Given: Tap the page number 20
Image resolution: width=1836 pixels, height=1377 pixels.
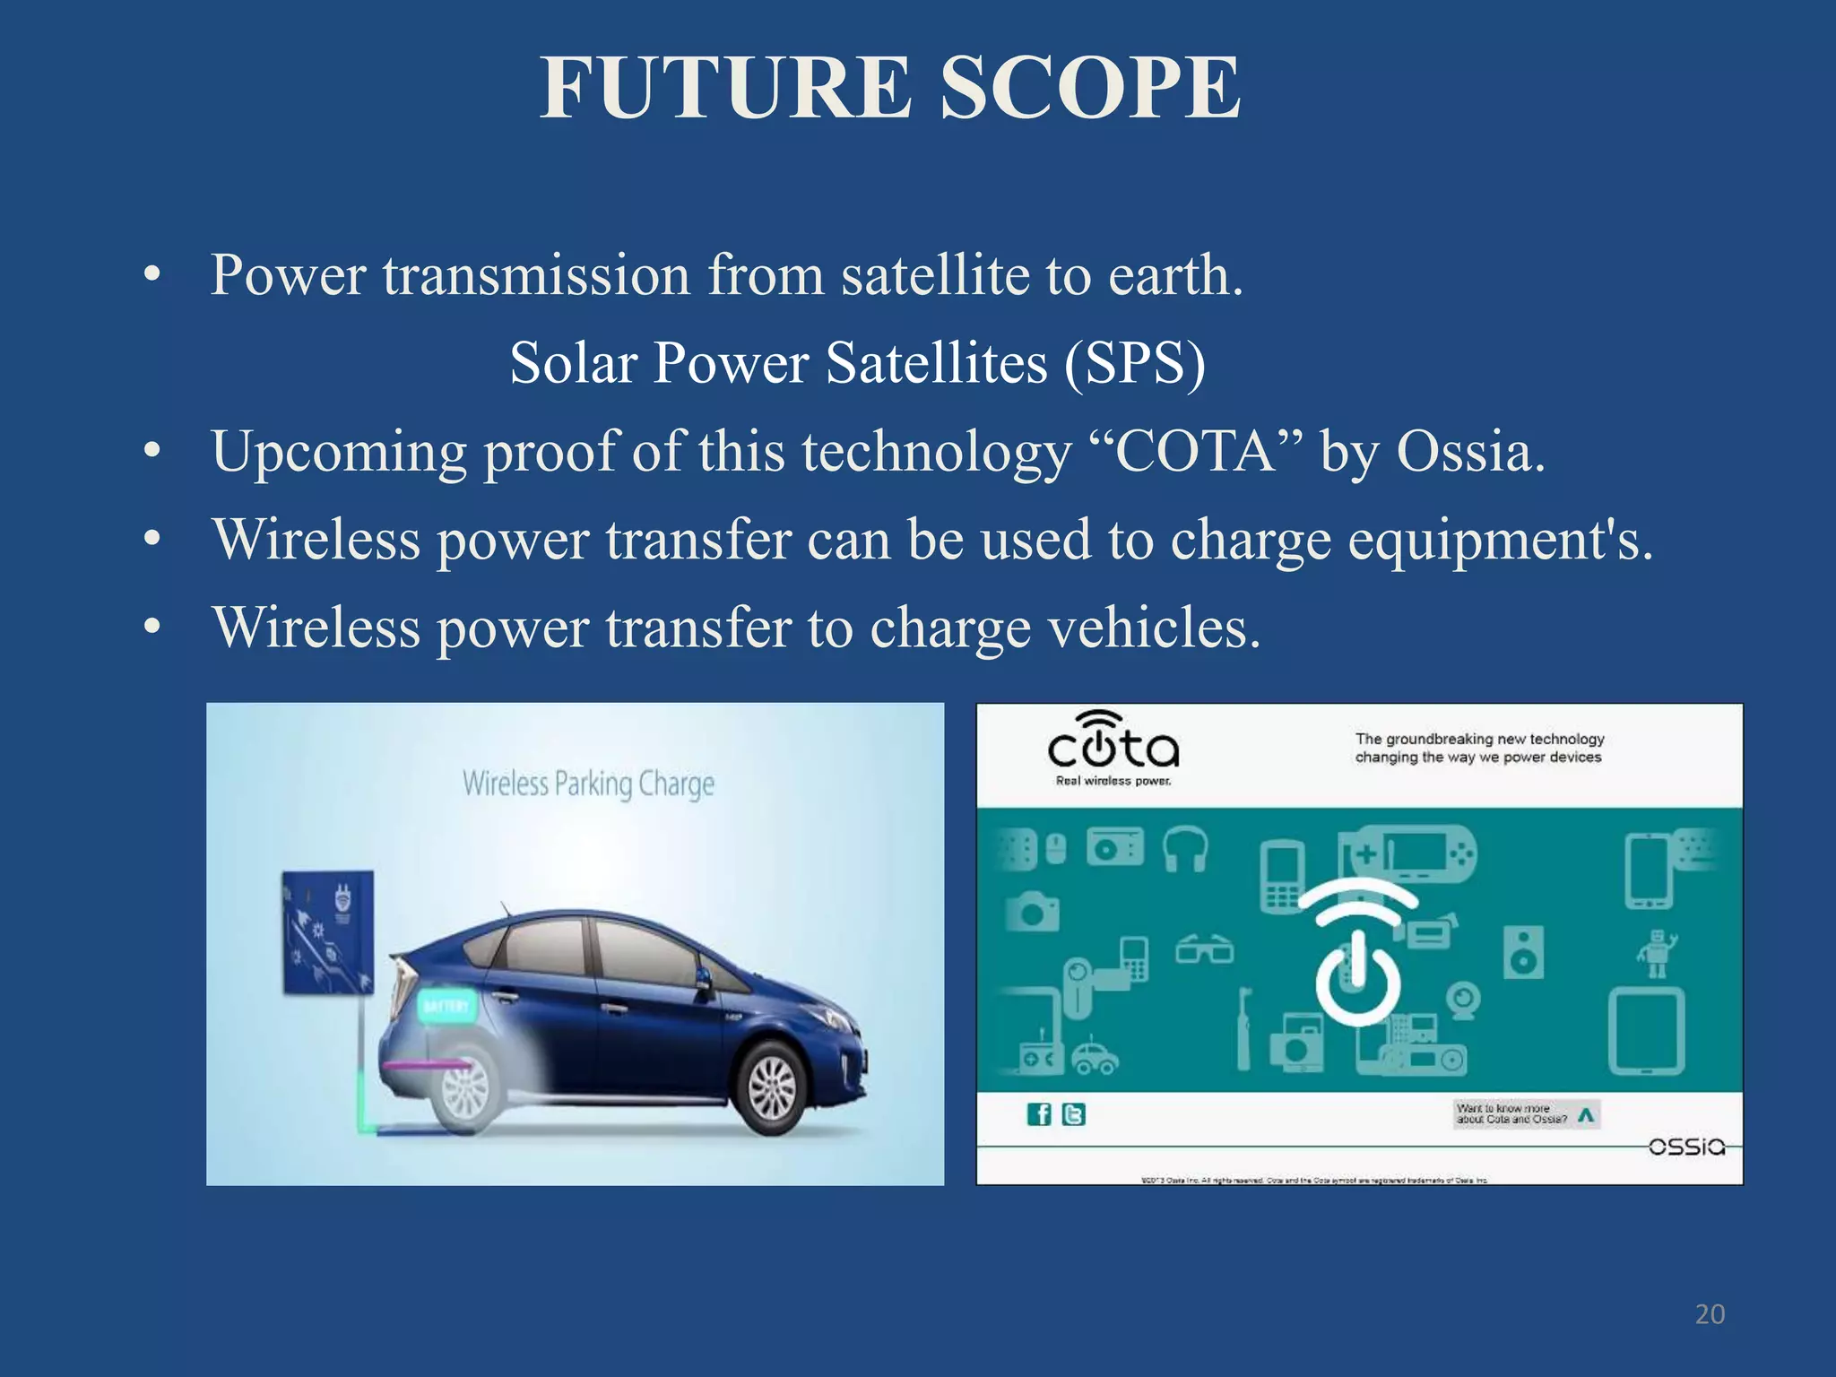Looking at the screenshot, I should point(1710,1314).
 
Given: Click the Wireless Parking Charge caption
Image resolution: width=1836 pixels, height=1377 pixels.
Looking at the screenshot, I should point(588,784).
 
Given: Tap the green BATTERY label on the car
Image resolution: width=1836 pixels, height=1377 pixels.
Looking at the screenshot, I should point(446,1006).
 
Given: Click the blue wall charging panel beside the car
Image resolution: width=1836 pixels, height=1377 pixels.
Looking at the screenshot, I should point(327,932).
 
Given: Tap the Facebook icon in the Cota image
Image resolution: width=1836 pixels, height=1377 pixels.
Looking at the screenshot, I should point(1038,1114).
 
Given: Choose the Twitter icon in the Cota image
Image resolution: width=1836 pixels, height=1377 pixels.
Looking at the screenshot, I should point(1073,1114).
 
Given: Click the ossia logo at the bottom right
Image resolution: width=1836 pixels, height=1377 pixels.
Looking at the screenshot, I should point(1686,1147).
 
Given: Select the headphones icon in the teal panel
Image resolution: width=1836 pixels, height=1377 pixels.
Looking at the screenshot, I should point(1185,848).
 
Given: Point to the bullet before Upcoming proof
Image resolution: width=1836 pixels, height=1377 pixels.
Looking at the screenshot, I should point(152,451).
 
